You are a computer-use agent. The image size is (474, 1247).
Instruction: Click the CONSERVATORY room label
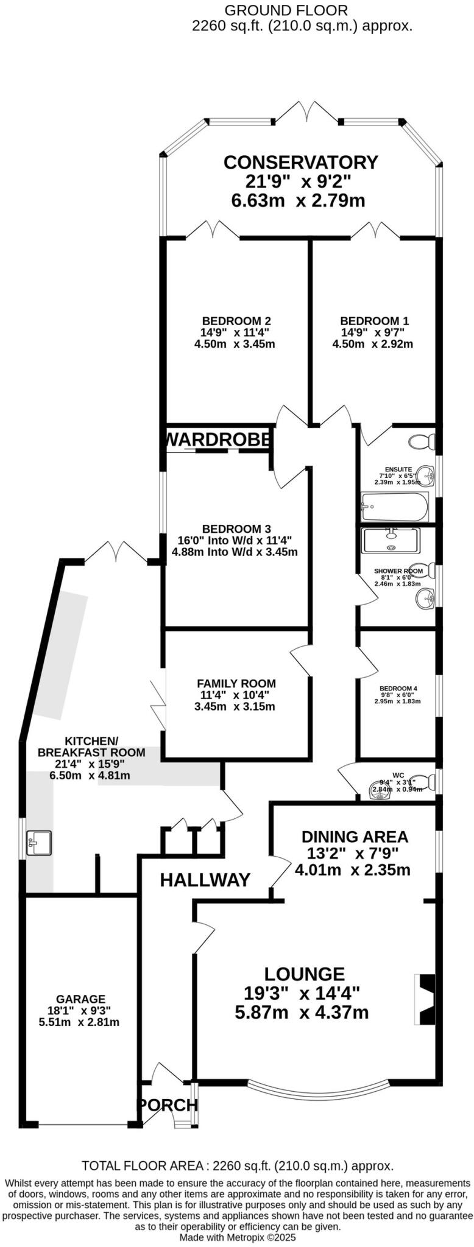[x=300, y=163]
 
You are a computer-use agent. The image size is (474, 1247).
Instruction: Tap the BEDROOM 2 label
[x=236, y=321]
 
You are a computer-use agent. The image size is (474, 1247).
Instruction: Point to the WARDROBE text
[x=218, y=440]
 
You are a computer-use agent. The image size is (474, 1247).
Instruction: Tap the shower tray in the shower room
[x=390, y=540]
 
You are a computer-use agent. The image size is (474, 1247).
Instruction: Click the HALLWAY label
[x=205, y=880]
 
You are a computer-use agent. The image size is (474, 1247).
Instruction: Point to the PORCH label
[x=167, y=1105]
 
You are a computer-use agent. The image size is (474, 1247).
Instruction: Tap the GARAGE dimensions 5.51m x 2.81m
[x=79, y=1022]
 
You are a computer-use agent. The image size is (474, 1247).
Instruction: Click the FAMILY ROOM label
[x=236, y=683]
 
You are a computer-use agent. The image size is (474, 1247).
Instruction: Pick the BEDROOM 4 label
[x=397, y=689]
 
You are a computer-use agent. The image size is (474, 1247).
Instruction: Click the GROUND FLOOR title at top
[x=286, y=10]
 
